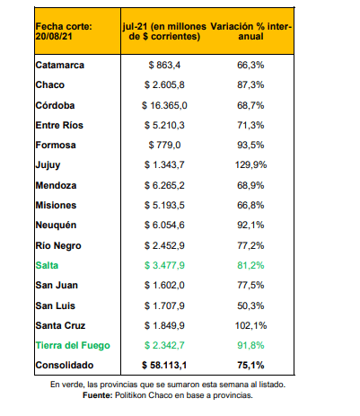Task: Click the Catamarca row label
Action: tap(60, 65)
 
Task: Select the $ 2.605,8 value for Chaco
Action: tap(164, 84)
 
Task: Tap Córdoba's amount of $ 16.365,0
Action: tap(164, 105)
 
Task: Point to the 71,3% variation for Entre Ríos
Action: tap(250, 125)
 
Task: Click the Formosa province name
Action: tap(56, 145)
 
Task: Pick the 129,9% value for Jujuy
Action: tap(250, 164)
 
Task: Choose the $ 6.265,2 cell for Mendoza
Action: tap(164, 185)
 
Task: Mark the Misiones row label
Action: tap(56, 205)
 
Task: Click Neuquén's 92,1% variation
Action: tap(250, 225)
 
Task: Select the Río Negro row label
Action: tap(58, 245)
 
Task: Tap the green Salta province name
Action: tap(47, 265)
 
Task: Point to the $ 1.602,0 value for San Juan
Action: tap(164, 285)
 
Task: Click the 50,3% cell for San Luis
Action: tap(250, 305)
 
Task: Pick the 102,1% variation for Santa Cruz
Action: tap(250, 325)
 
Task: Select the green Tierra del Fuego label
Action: tap(73, 345)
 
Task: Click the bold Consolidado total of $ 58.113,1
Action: tap(164, 365)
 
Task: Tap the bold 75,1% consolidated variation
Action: tap(250, 365)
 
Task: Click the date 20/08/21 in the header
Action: tap(54, 37)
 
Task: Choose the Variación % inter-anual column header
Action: tap(250, 31)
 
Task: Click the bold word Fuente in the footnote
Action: tap(98, 395)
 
